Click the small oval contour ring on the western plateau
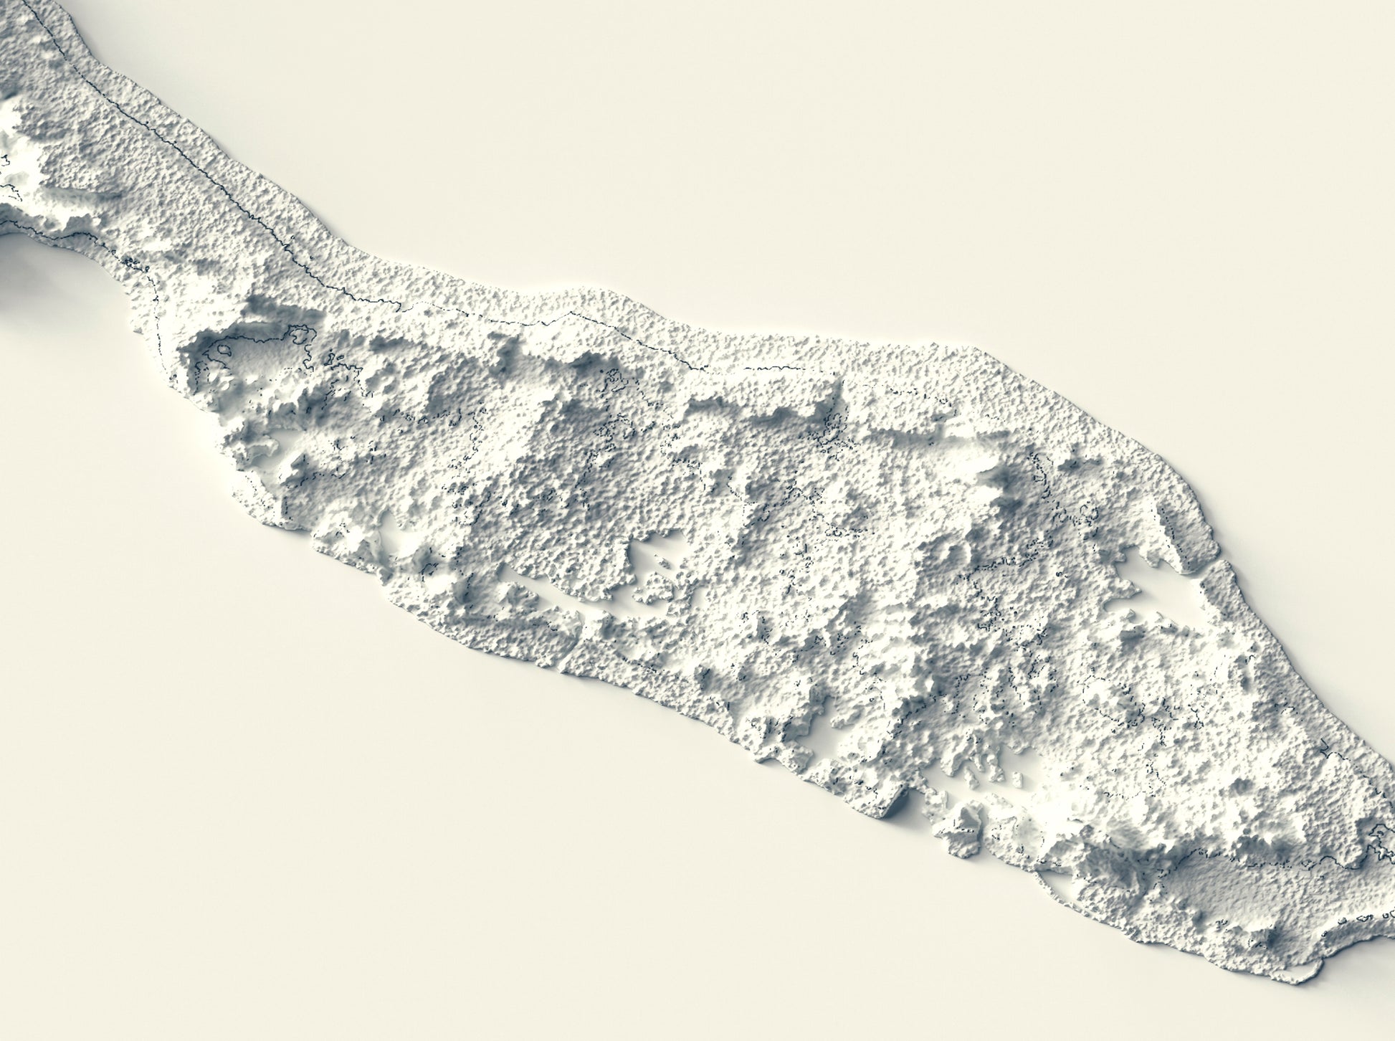[224, 351]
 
